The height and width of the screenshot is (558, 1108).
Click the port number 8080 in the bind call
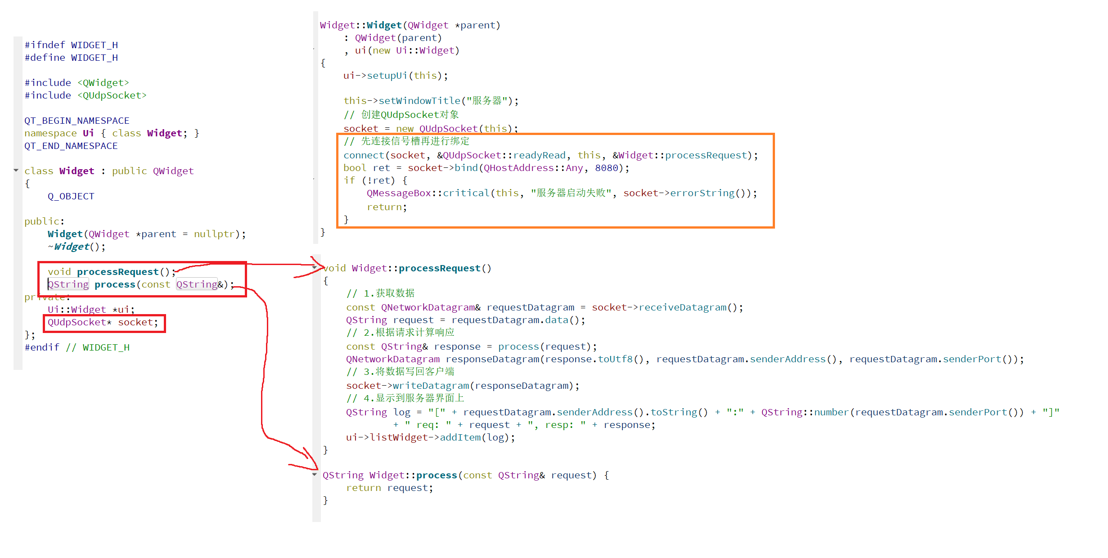click(x=606, y=168)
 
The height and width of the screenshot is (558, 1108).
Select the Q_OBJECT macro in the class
click(x=71, y=196)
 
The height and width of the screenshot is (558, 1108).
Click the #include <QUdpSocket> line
click(x=86, y=95)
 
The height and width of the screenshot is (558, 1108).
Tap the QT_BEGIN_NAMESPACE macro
click(x=77, y=121)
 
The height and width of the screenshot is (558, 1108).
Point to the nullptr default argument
click(x=214, y=234)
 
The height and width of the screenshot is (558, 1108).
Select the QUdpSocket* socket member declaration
click(x=103, y=322)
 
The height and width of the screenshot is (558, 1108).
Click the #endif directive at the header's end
click(x=42, y=347)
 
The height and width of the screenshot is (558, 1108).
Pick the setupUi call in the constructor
click(x=387, y=76)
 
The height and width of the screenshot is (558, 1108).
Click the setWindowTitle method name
click(x=419, y=101)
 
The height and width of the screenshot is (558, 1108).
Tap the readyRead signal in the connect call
click(x=539, y=155)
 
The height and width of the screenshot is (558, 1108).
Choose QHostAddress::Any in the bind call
click(x=533, y=168)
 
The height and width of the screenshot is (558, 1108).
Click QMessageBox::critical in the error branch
click(x=428, y=193)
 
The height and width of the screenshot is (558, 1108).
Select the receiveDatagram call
click(x=682, y=307)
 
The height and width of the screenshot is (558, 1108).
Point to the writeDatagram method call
click(x=431, y=386)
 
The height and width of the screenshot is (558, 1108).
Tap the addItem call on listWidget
click(x=460, y=437)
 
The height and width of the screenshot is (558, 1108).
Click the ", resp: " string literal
click(x=557, y=425)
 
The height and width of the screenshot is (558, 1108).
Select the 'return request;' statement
click(x=389, y=488)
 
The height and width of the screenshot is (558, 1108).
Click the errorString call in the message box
click(x=702, y=193)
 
